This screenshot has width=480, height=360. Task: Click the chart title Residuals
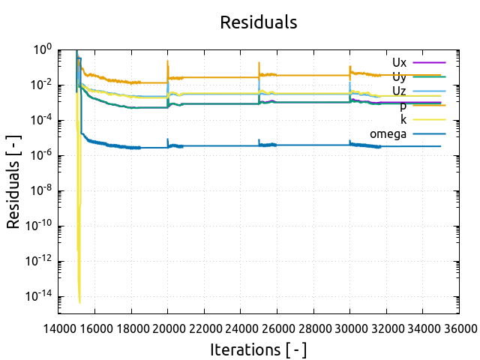pyautogui.click(x=258, y=22)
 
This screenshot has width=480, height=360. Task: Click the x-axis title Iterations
pyautogui.click(x=258, y=349)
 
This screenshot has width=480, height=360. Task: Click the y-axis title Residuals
pyautogui.click(x=13, y=181)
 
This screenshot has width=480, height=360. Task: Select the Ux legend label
pyautogui.click(x=399, y=62)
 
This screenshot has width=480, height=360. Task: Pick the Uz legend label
pyautogui.click(x=399, y=91)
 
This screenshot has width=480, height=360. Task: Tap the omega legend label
pyautogui.click(x=388, y=134)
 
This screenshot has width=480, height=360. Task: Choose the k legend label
pyautogui.click(x=403, y=120)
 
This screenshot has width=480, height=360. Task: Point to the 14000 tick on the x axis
pyautogui.click(x=58, y=328)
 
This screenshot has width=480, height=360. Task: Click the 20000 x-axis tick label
pyautogui.click(x=168, y=328)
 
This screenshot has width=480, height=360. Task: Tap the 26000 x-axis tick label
pyautogui.click(x=277, y=328)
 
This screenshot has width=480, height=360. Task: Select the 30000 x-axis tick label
pyautogui.click(x=349, y=328)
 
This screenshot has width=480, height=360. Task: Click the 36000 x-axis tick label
pyautogui.click(x=458, y=328)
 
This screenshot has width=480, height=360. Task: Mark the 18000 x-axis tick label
pyautogui.click(x=131, y=328)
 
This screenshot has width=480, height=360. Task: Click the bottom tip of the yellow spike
pyautogui.click(x=79, y=303)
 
